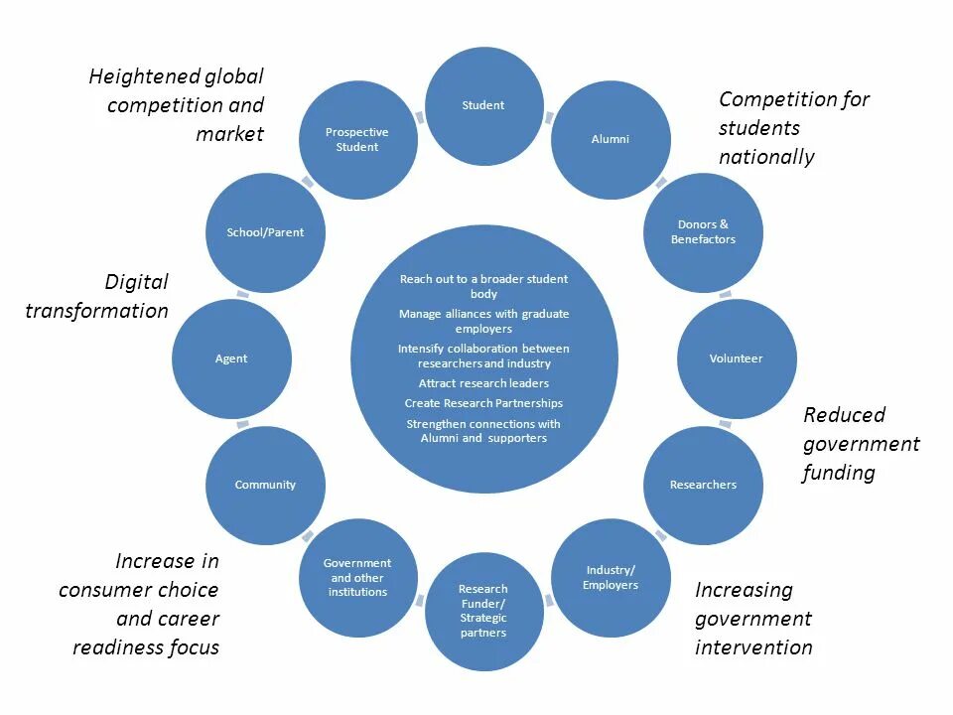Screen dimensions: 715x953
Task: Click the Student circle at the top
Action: (x=483, y=105)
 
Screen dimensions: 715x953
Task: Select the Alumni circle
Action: (x=611, y=139)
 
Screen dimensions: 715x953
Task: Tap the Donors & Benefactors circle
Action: (x=703, y=232)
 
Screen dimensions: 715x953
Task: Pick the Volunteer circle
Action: (x=737, y=358)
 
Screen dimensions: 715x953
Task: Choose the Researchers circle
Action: (x=703, y=485)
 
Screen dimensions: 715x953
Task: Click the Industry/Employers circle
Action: (x=611, y=578)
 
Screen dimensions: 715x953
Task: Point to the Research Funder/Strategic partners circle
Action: (x=483, y=611)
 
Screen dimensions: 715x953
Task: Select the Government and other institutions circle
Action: (x=357, y=578)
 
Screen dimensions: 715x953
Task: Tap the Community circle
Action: (x=265, y=485)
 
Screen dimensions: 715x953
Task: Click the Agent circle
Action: (x=231, y=358)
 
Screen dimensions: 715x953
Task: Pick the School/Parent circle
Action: (x=265, y=232)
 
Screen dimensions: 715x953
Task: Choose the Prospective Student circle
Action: (x=357, y=139)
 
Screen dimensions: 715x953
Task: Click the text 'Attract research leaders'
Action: (x=483, y=383)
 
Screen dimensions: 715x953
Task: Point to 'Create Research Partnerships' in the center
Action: (x=483, y=403)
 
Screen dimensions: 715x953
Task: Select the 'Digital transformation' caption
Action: (x=97, y=296)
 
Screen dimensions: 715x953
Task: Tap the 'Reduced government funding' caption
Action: (x=861, y=443)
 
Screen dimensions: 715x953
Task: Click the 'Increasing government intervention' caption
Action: (x=753, y=619)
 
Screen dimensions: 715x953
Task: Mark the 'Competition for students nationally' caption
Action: (x=793, y=128)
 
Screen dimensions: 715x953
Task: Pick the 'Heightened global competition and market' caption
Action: (x=177, y=104)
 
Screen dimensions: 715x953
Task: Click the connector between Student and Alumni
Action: (x=549, y=117)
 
